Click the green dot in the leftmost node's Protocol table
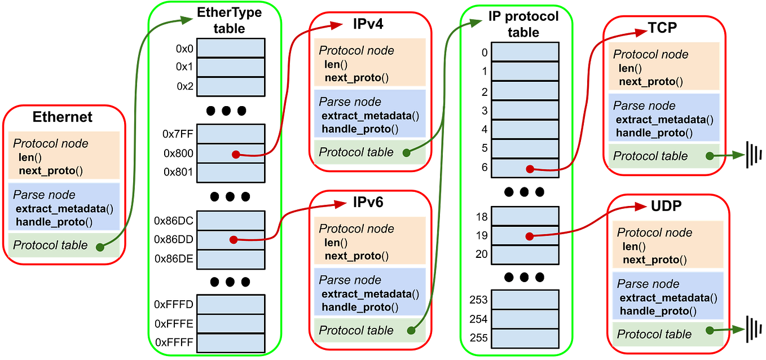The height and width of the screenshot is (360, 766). point(100,247)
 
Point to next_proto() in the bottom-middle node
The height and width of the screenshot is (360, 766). point(356,256)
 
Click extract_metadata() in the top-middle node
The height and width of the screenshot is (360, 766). point(370,116)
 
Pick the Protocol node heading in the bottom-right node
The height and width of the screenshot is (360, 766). point(654,232)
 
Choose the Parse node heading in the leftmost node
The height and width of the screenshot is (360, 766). point(44,195)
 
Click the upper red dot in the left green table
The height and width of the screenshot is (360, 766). point(235,154)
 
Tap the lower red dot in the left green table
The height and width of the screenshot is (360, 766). point(234,240)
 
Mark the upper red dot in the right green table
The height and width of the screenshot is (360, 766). point(530,169)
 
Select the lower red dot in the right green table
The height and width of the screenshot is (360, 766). point(530,236)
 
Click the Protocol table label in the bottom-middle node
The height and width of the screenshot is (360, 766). point(356,331)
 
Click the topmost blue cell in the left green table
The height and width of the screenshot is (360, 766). point(231,47)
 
